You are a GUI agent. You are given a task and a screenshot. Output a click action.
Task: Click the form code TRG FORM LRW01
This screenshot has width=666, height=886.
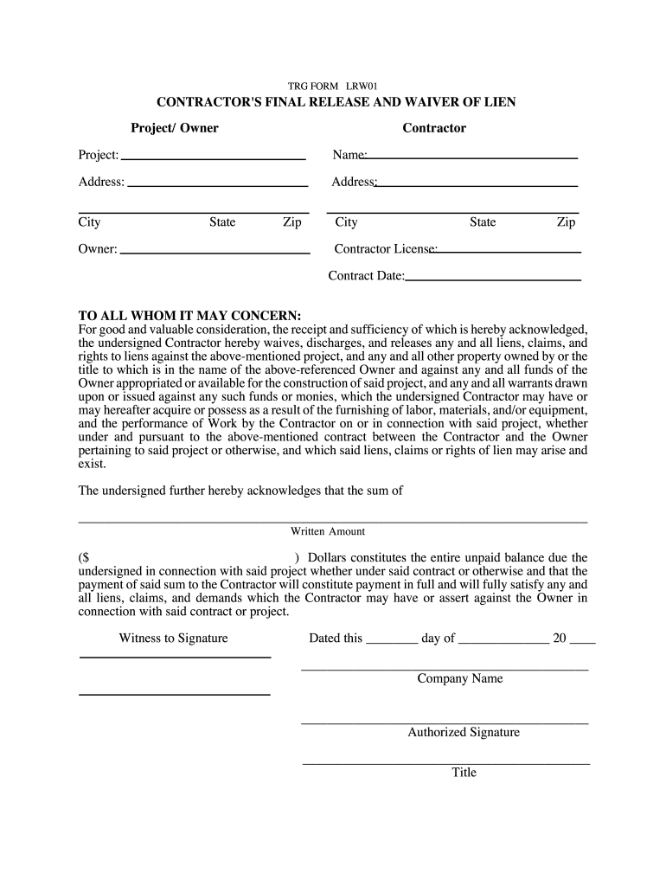333,86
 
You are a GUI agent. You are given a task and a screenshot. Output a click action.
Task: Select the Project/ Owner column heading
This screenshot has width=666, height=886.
174,128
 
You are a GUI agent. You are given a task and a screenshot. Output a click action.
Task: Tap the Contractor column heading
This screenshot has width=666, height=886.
433,128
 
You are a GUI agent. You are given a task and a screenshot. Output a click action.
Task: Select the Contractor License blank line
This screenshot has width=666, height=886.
509,251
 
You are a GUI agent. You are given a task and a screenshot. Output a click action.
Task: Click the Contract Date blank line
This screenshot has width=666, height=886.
493,279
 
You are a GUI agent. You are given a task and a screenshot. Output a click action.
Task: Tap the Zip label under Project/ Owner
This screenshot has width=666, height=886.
292,222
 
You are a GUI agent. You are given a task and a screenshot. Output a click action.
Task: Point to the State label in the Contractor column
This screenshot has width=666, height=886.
483,222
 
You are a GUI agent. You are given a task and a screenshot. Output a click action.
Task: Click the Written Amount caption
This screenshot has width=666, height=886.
328,531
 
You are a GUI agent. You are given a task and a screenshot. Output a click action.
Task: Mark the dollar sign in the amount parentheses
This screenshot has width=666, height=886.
84,558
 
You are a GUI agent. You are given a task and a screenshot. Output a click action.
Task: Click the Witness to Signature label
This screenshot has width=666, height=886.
173,639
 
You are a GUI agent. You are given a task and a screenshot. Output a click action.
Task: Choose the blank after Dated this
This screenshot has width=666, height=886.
392,644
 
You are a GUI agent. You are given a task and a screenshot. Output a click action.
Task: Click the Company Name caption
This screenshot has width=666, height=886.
459,678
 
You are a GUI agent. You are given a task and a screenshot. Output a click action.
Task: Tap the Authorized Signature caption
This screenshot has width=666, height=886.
464,732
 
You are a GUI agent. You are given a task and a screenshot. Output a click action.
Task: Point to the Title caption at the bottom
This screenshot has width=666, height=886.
464,772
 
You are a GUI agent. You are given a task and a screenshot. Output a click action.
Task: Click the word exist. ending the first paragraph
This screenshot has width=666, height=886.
93,464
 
